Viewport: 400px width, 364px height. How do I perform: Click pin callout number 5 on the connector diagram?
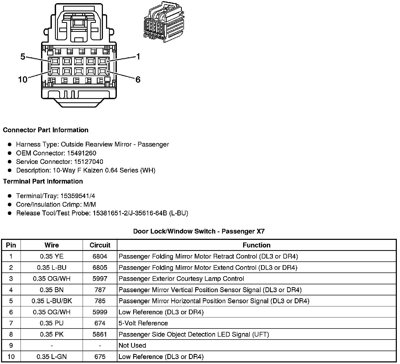pos(23,57)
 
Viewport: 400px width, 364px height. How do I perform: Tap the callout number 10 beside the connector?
pos(23,79)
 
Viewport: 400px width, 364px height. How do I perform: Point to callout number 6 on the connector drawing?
pos(138,79)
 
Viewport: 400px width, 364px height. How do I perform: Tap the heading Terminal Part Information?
pos(43,181)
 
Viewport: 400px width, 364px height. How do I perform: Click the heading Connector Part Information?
pos(46,130)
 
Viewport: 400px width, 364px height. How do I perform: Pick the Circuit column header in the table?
pos(100,245)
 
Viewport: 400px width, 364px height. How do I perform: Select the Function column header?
pos(257,245)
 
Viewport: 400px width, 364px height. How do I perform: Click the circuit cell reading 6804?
pos(100,256)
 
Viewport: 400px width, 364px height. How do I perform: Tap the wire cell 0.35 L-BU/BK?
pos(52,301)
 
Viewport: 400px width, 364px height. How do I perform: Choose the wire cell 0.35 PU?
pos(52,323)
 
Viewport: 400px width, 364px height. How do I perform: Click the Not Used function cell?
pos(132,346)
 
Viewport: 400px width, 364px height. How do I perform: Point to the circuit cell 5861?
pos(100,335)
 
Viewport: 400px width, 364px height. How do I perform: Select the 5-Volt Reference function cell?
pos(143,323)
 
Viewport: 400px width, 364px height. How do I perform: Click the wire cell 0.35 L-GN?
pos(52,357)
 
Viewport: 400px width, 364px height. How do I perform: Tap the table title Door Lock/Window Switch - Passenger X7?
pos(199,231)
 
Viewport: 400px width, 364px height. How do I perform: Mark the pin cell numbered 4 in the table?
pos(11,290)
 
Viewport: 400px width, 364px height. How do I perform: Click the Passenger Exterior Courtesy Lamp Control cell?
pos(181,279)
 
